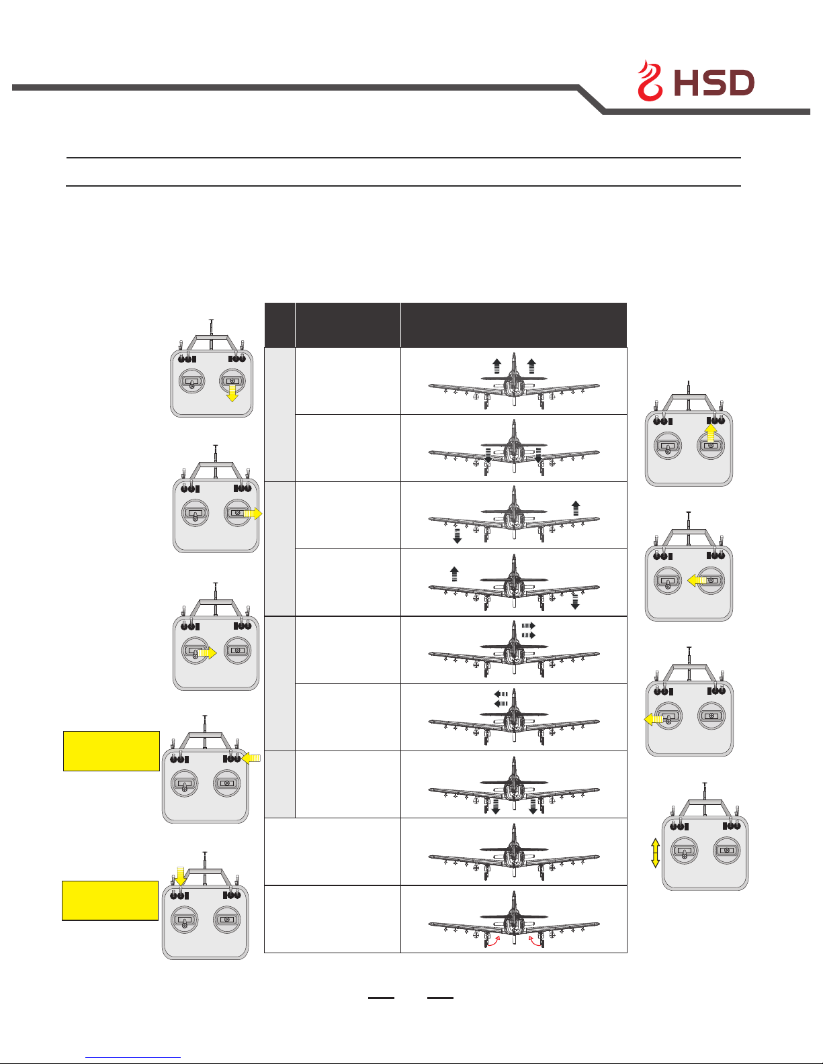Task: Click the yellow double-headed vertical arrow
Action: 655,853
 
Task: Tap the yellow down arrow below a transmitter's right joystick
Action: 232,393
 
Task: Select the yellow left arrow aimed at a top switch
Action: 251,758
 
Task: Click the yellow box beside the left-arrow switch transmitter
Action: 112,751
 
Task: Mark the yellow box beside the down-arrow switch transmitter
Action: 110,900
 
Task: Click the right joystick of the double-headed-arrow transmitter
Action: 726,851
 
